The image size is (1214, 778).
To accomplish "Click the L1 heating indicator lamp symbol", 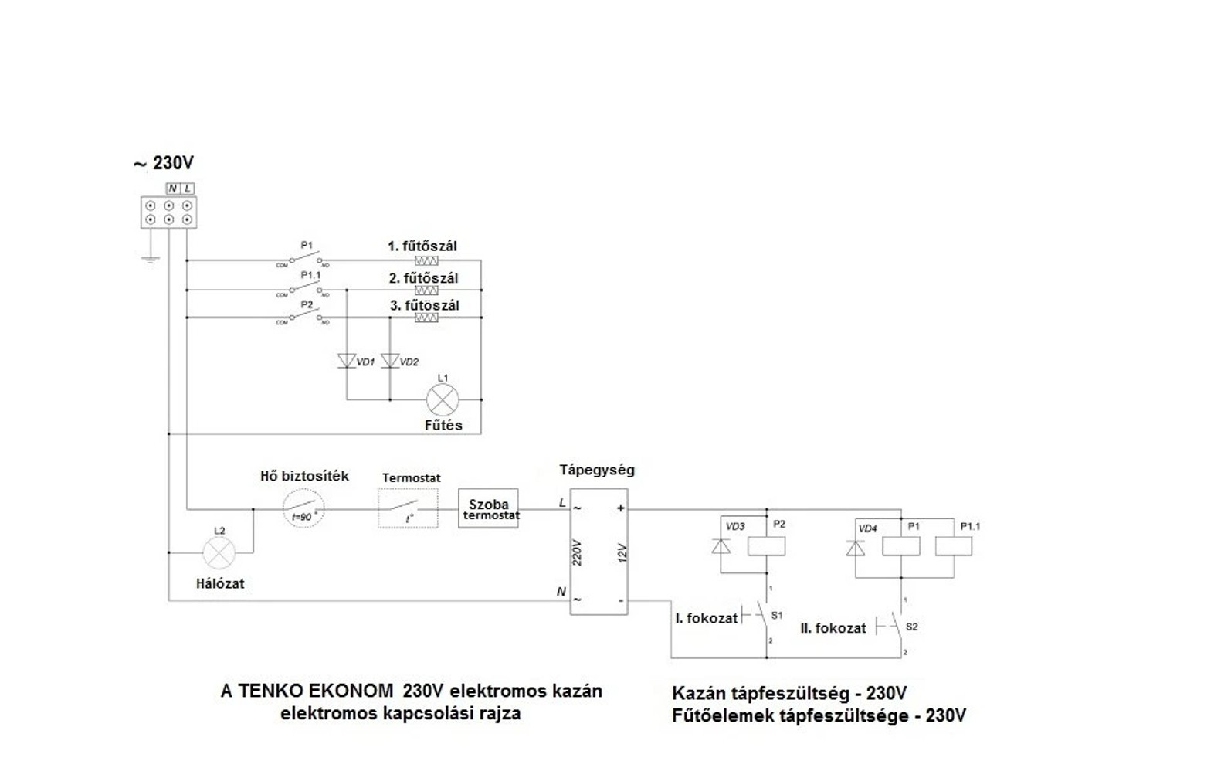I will coord(443,400).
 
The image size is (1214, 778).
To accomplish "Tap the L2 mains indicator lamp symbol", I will coord(219,553).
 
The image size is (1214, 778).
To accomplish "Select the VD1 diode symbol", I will coord(347,361).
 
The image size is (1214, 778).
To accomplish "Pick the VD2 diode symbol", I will coord(390,361).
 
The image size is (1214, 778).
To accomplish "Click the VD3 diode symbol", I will coord(721,546).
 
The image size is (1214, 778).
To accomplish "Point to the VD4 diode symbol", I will coord(856,548).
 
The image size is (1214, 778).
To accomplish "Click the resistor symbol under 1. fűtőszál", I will coord(426,261).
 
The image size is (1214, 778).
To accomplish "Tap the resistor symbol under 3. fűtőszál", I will coord(426,318).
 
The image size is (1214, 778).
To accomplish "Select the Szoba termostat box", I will coord(488,509).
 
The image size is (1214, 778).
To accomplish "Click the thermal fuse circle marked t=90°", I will coord(303,509).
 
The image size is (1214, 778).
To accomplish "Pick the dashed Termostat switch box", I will coord(408,509).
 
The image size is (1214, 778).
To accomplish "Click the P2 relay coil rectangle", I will coord(766,545).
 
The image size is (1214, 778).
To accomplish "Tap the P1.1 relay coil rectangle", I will coord(954,546).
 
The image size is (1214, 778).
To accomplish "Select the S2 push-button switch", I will coord(894,626).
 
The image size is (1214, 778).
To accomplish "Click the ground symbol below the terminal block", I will coord(150,258).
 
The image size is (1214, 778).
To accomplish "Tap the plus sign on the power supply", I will coord(620,508).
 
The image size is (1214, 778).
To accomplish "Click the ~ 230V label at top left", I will coord(164,163).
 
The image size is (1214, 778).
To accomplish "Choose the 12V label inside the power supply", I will coord(622,553).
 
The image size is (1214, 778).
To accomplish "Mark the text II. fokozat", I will coord(833,628).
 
